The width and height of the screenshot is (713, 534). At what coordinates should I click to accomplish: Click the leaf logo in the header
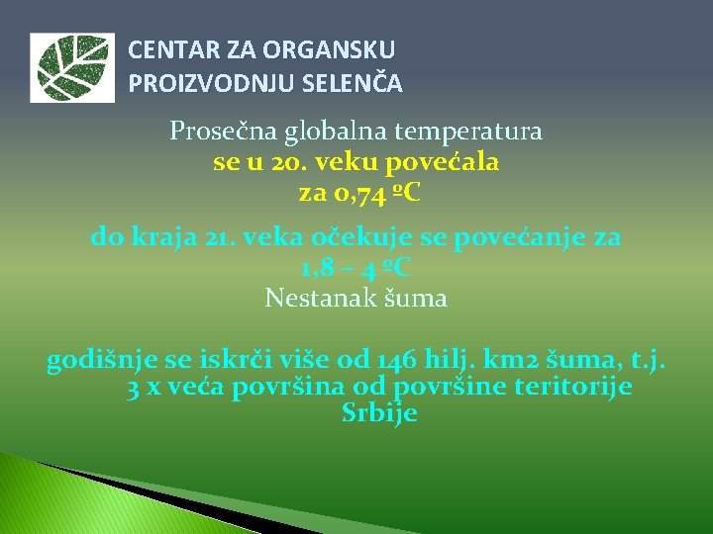coord(70,68)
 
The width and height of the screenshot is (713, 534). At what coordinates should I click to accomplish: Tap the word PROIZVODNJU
coord(192,84)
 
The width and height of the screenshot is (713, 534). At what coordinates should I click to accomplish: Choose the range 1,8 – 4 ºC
coord(356,267)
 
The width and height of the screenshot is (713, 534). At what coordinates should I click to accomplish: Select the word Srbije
coord(379,413)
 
